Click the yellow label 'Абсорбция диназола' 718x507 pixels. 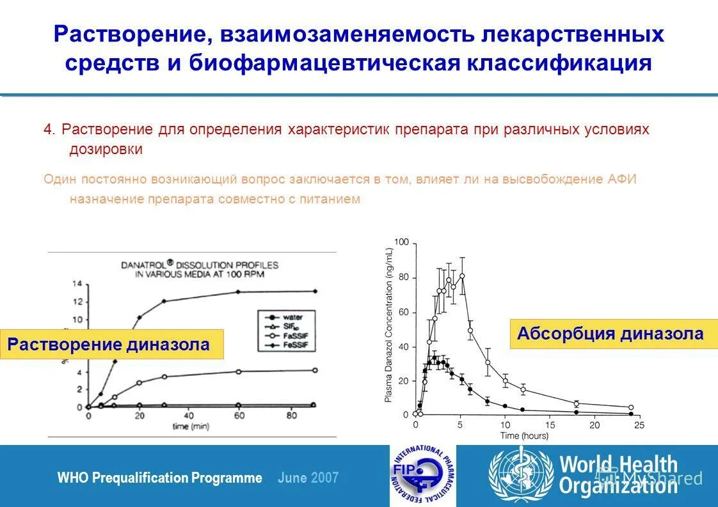coord(610,334)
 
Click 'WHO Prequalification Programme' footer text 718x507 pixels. coord(159,478)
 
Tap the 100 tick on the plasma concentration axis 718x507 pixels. coord(401,243)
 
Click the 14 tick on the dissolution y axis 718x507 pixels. coord(78,283)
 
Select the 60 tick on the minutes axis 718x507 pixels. coord(238,416)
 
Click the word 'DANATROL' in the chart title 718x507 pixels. coord(145,263)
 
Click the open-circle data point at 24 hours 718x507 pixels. coord(630,407)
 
